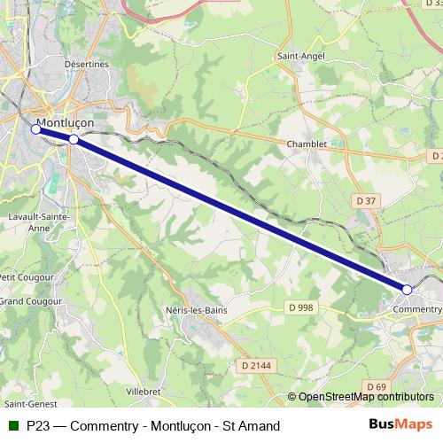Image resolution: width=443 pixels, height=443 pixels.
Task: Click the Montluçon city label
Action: (x=66, y=123)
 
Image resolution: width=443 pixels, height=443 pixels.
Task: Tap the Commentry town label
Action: (x=416, y=309)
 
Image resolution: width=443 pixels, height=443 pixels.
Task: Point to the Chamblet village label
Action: (x=307, y=144)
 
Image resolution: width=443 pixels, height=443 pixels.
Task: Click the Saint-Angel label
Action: (x=302, y=56)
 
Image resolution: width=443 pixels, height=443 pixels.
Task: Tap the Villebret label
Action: (x=144, y=390)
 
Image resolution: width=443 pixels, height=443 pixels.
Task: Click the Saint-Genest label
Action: (x=26, y=405)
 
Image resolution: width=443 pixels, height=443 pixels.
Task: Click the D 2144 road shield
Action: (x=256, y=364)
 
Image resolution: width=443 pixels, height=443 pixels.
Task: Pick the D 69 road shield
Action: (x=377, y=386)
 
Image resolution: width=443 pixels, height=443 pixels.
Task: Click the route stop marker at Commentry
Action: (x=408, y=290)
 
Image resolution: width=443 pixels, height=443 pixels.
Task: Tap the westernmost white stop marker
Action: (x=36, y=129)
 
